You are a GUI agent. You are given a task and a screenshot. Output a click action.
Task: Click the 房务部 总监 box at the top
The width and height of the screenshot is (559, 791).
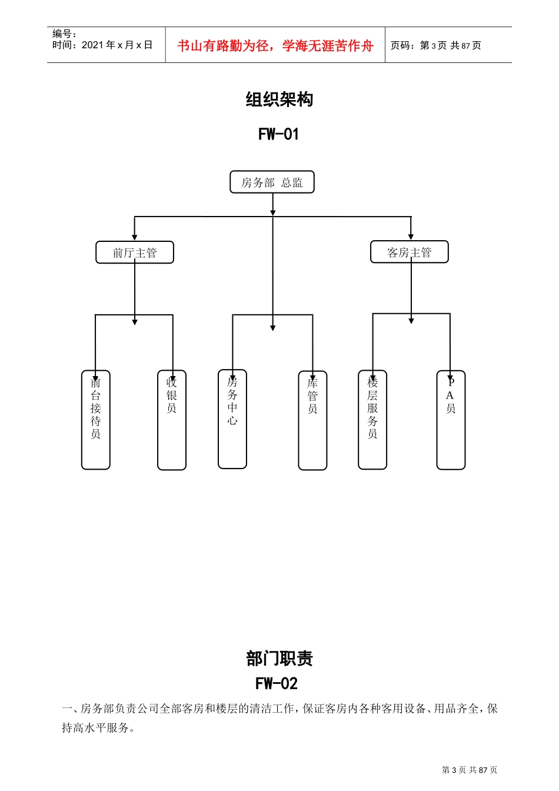click(x=272, y=182)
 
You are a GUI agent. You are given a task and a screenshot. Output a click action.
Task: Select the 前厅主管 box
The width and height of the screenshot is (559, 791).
click(x=135, y=252)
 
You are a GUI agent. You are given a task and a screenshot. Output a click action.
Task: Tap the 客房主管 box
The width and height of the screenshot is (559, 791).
click(x=410, y=252)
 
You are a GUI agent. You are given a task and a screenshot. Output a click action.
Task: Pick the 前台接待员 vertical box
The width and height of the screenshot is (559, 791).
click(x=96, y=420)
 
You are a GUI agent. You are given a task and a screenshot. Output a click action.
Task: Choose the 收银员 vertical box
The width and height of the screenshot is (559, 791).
click(x=172, y=420)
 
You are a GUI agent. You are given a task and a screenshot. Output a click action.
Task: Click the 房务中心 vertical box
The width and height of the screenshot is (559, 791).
click(x=232, y=419)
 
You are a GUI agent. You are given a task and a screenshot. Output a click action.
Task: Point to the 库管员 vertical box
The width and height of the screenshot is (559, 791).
click(x=312, y=420)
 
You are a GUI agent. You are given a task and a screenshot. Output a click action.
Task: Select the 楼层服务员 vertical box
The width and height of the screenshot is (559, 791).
click(x=372, y=420)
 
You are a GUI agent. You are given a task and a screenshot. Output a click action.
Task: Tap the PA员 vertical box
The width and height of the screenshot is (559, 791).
click(x=451, y=420)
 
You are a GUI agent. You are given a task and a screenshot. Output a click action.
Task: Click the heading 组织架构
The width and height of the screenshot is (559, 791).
click(x=279, y=99)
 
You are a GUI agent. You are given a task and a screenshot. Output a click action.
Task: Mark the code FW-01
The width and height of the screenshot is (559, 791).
click(x=279, y=134)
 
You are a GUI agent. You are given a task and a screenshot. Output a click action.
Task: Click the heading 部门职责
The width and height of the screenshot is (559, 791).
click(x=279, y=659)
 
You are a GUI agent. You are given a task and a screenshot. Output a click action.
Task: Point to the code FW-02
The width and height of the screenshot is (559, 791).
click(x=277, y=683)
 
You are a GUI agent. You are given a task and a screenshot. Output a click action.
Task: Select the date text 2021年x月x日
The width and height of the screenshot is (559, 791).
click(x=117, y=45)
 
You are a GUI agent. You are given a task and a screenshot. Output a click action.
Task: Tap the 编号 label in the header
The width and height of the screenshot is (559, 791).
click(x=64, y=34)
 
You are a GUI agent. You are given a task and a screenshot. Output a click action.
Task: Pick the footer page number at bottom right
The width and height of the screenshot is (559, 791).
click(x=469, y=770)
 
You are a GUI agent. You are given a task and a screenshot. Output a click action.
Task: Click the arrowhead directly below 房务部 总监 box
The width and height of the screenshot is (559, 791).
click(x=272, y=212)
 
